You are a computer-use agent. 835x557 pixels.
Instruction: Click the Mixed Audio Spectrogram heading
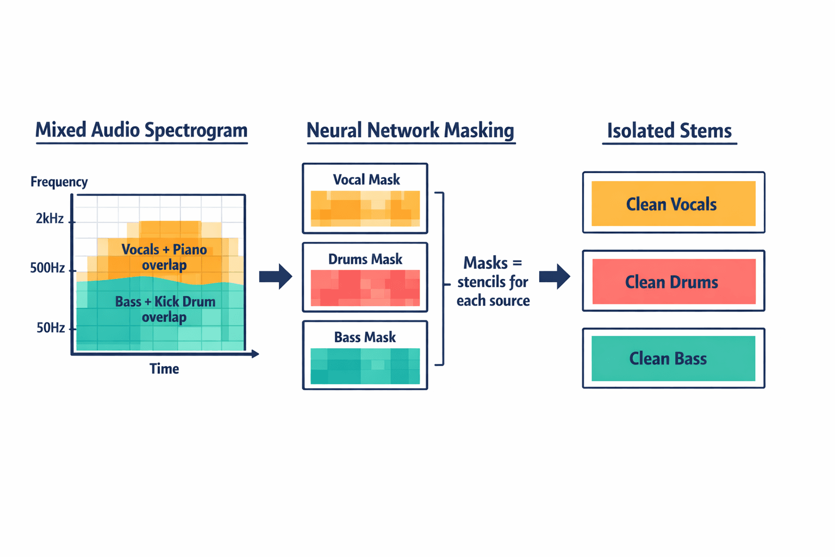[x=141, y=131]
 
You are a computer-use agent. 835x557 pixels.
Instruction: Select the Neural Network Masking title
[x=410, y=131]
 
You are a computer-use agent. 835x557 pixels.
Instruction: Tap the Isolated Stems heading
[x=669, y=131]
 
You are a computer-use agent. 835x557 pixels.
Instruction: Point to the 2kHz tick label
[x=49, y=219]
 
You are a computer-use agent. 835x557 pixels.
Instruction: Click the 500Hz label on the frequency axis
[x=47, y=268]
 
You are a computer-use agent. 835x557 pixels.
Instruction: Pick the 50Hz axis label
[x=51, y=327]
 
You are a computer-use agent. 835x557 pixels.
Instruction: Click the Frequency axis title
[x=59, y=182]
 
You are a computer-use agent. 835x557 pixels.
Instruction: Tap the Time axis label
[x=164, y=369]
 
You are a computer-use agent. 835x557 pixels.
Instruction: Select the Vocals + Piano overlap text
[x=164, y=257]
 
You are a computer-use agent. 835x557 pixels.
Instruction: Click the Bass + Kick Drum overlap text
[x=165, y=309]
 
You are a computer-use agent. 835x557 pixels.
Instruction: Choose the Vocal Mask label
[x=366, y=180]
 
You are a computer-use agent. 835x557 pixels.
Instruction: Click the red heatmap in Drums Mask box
[x=365, y=288]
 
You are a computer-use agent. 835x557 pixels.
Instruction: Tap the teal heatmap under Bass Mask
[x=365, y=366]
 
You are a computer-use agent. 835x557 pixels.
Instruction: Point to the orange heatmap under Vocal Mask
[x=365, y=208]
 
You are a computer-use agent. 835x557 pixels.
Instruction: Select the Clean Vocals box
[x=673, y=203]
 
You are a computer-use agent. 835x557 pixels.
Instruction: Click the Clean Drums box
[x=673, y=281]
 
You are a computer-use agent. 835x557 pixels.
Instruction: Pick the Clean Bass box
[x=673, y=358]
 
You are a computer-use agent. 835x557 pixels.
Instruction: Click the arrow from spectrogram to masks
[x=276, y=276]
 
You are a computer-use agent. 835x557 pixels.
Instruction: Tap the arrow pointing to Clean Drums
[x=555, y=276]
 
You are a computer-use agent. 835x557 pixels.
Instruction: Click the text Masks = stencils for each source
[x=493, y=282]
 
